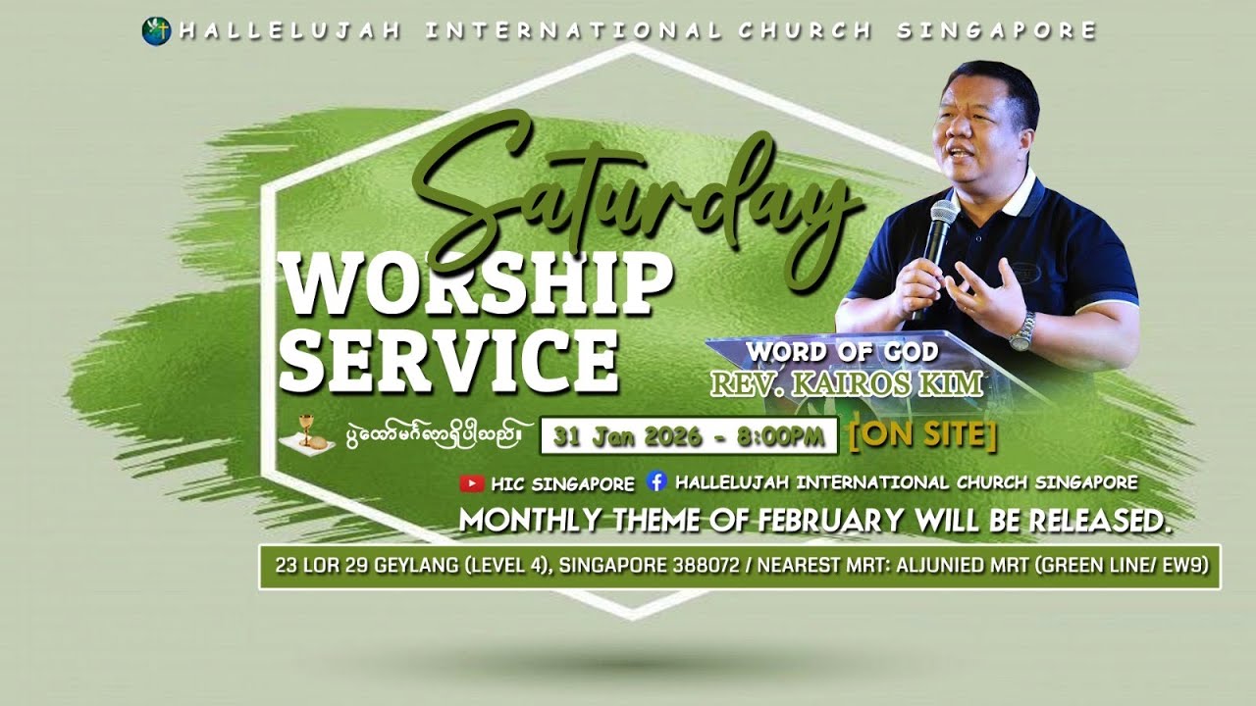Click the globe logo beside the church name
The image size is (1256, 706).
tap(155, 31)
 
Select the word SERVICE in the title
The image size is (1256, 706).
tap(448, 359)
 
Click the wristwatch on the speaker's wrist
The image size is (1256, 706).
tap(1023, 331)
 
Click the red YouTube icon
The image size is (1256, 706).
tap(472, 483)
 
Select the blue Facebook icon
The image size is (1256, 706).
tap(656, 482)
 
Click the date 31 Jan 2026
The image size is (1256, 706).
tap(627, 437)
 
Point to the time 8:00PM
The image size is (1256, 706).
tap(786, 437)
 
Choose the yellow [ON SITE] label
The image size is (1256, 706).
tap(922, 435)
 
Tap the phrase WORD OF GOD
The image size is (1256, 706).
tap(841, 351)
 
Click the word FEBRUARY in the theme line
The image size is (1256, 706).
tap(830, 521)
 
